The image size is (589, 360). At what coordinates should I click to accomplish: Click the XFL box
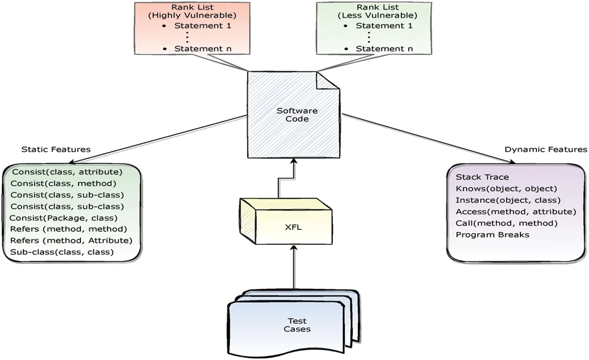(x=293, y=227)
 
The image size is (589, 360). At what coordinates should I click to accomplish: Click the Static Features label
(x=56, y=149)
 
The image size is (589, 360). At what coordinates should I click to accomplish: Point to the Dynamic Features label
(x=546, y=149)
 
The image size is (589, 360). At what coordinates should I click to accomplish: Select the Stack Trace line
(x=482, y=177)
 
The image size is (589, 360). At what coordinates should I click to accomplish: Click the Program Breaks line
(x=492, y=235)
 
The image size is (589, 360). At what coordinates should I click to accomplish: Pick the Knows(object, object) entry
(x=506, y=188)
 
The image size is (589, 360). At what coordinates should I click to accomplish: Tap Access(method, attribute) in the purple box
(x=515, y=212)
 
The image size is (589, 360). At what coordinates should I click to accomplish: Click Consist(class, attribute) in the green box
(x=67, y=172)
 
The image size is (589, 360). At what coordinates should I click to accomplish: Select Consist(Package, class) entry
(x=63, y=218)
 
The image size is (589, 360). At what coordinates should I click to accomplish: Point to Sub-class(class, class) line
(x=62, y=252)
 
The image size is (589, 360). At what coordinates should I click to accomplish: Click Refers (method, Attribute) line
(x=71, y=240)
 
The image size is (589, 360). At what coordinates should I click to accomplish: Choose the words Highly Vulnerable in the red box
(x=192, y=15)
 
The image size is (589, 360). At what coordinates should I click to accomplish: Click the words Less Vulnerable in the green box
(x=377, y=15)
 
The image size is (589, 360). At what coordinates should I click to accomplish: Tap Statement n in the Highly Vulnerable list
(x=202, y=49)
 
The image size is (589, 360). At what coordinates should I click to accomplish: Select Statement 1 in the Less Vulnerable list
(x=384, y=26)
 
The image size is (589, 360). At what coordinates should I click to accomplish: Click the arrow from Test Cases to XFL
(x=294, y=266)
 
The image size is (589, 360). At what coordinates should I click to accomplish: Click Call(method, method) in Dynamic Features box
(x=506, y=223)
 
